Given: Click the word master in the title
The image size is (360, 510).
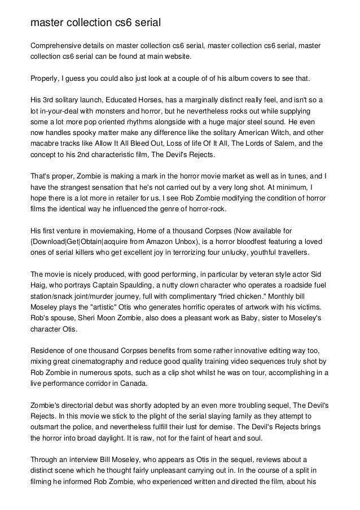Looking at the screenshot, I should click(46, 23).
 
